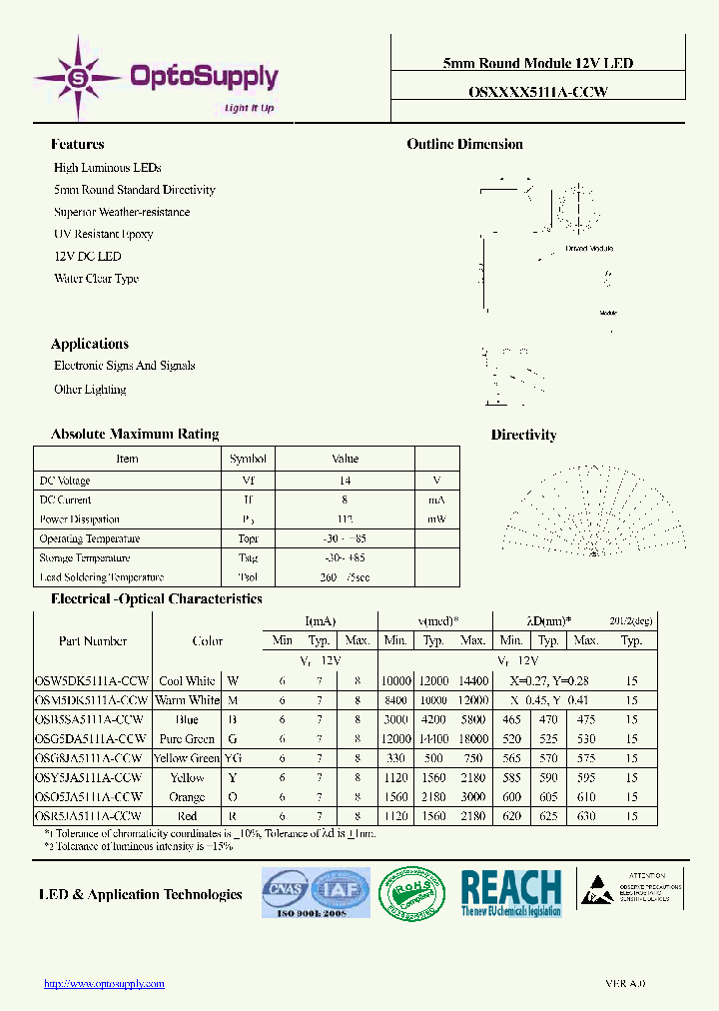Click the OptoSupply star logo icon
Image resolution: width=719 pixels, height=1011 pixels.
click(x=77, y=76)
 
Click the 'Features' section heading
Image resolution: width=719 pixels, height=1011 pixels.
click(x=78, y=144)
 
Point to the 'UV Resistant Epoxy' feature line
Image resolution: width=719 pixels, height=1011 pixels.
click(x=104, y=234)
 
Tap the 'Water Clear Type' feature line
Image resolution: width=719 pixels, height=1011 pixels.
click(x=96, y=279)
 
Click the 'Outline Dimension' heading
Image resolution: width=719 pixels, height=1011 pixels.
click(x=464, y=144)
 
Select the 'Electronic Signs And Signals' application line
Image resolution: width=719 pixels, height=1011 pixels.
click(x=125, y=366)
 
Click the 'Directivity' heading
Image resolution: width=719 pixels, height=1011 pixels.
click(x=523, y=435)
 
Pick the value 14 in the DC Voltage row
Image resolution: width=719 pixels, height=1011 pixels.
click(x=345, y=481)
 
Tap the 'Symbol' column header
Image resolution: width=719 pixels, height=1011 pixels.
click(x=248, y=459)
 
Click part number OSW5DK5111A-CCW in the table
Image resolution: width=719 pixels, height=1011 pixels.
click(x=92, y=680)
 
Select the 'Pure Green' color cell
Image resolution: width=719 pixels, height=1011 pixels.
click(x=187, y=739)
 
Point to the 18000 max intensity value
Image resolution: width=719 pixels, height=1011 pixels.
click(x=472, y=739)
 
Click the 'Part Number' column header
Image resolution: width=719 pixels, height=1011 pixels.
click(x=92, y=641)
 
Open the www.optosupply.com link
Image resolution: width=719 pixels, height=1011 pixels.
click(x=104, y=984)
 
